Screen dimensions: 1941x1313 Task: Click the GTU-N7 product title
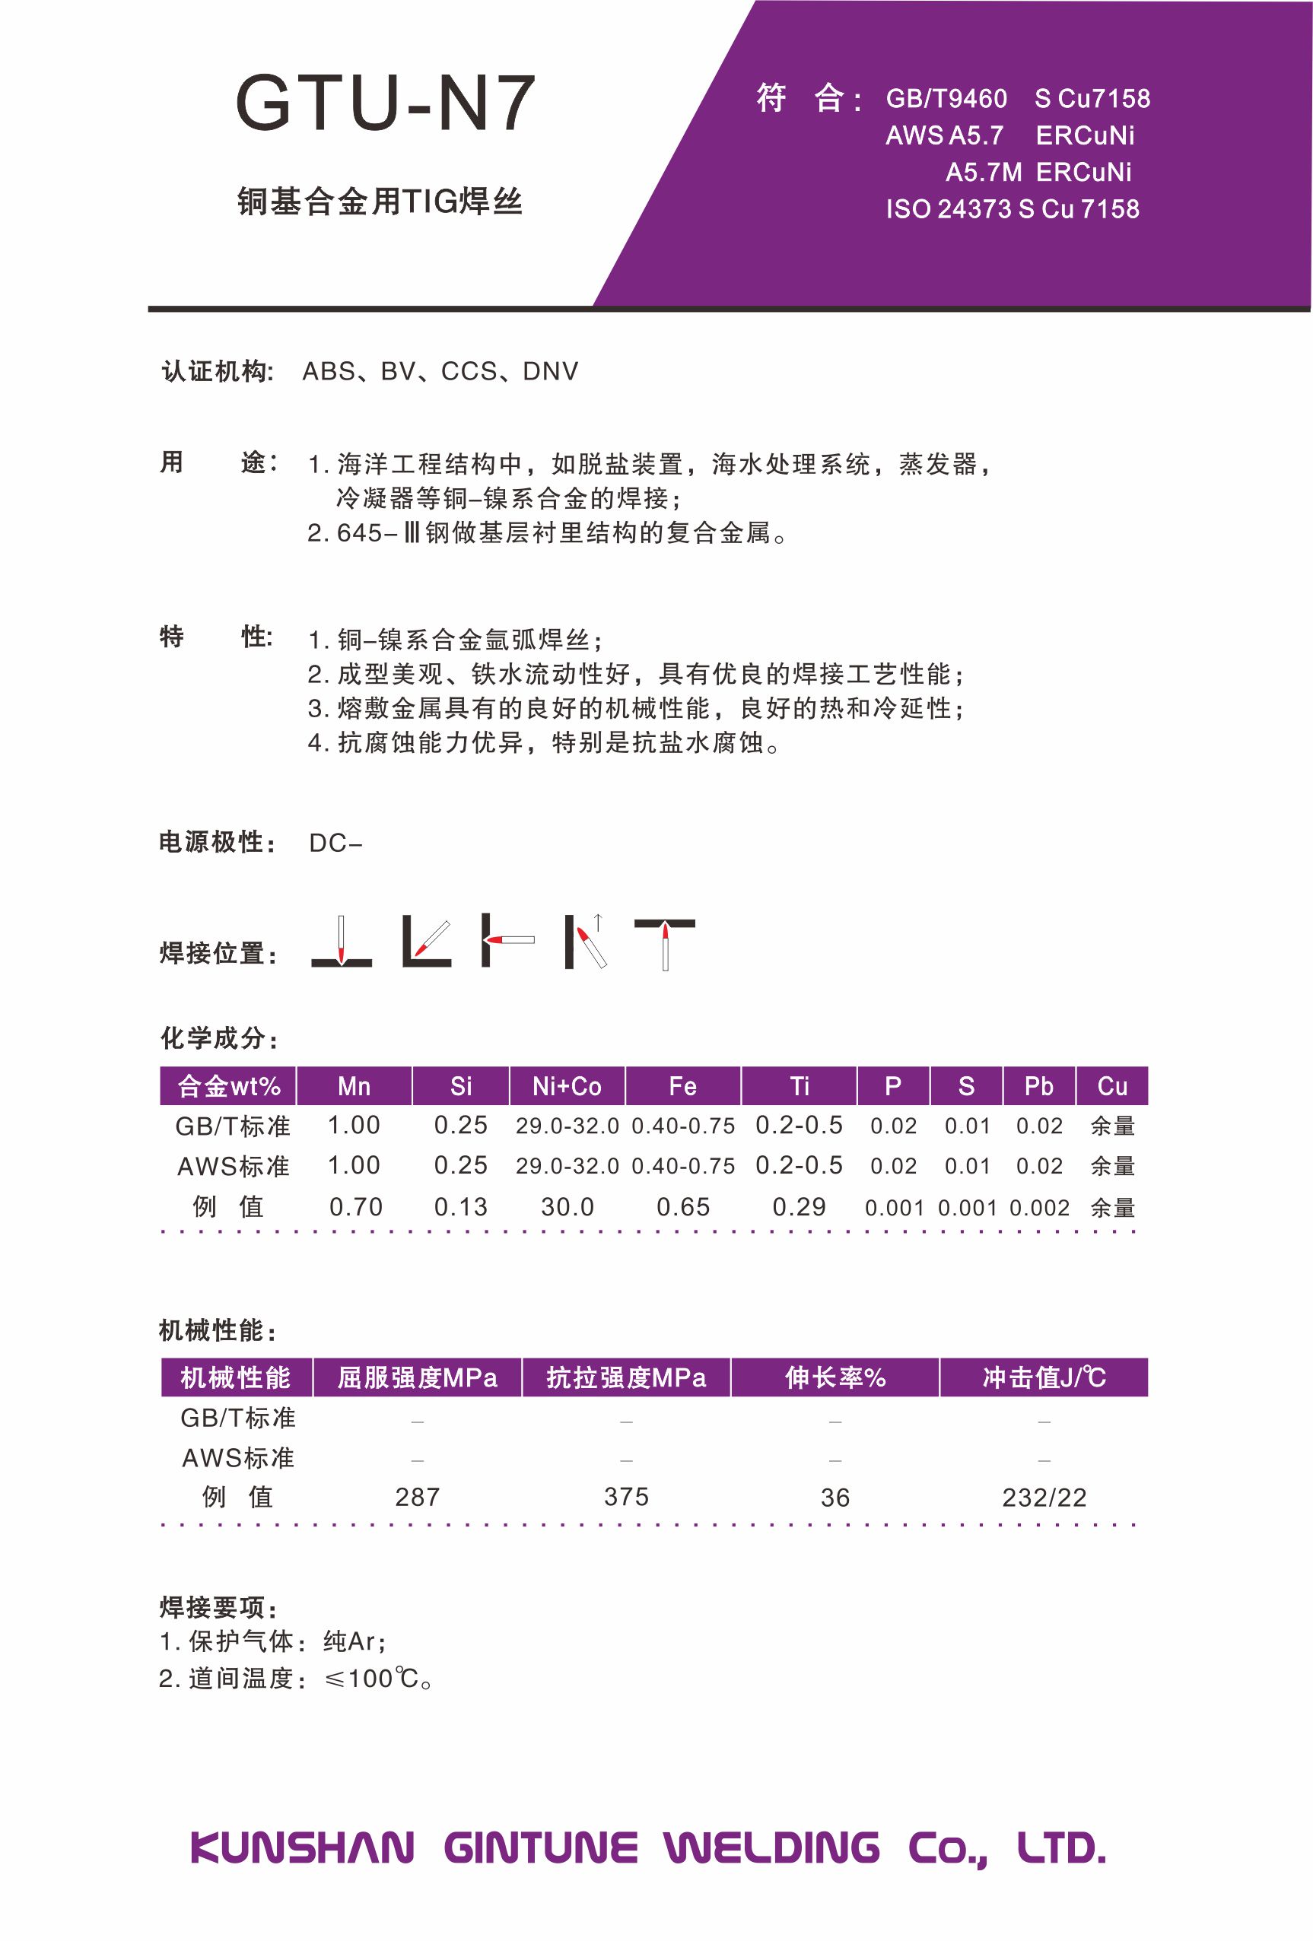385,104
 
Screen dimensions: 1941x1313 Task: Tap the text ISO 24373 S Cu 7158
1012,209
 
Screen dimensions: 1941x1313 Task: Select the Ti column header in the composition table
799,1086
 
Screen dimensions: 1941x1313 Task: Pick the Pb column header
1038,1086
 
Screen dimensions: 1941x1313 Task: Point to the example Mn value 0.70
355,1207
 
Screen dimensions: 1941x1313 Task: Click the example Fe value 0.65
682,1207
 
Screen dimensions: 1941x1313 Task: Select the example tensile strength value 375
625,1498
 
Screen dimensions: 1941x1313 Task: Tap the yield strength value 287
417,1498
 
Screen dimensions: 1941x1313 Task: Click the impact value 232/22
1044,1498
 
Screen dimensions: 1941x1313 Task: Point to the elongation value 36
835,1498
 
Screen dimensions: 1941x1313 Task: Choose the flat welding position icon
341,942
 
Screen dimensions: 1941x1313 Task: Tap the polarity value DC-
335,843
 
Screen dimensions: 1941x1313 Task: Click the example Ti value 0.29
799,1207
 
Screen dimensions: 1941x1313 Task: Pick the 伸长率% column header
835,1377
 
